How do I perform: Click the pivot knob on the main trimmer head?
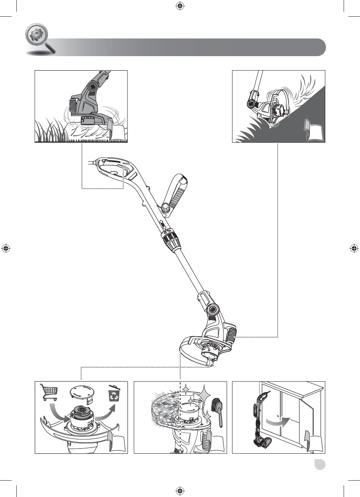point(213,310)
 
